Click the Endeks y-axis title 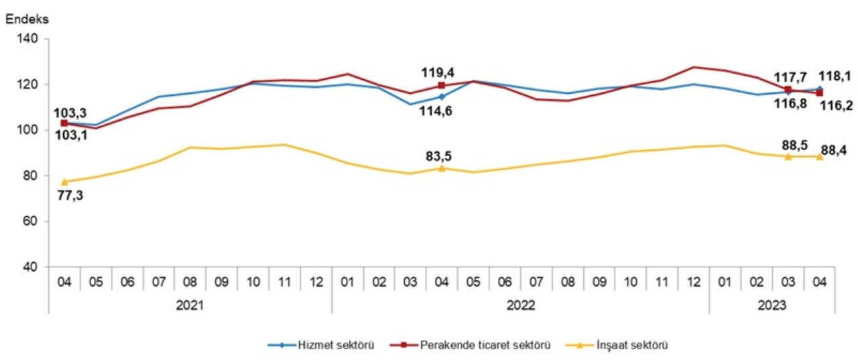(26, 19)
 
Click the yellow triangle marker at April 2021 (64, 182)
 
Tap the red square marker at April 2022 (442, 85)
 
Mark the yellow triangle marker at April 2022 (442, 168)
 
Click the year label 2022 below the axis (520, 305)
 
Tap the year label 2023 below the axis (772, 305)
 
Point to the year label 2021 (190, 305)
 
